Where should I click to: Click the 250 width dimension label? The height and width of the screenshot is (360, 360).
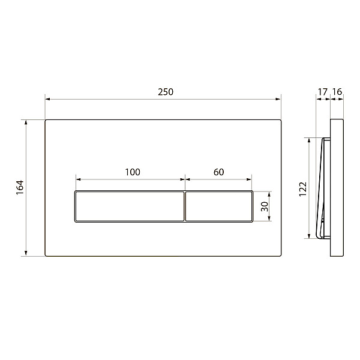(x=166, y=92)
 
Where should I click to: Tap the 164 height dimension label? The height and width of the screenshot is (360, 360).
(x=20, y=188)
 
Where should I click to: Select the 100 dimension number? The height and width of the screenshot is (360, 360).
(x=133, y=172)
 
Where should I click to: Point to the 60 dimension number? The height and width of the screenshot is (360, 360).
(x=218, y=172)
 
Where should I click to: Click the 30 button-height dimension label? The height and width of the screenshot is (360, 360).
(x=265, y=206)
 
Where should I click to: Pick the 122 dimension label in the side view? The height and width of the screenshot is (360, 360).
(x=303, y=189)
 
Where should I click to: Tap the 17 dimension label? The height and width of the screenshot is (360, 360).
(x=322, y=92)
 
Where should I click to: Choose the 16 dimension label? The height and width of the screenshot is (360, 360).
(x=337, y=92)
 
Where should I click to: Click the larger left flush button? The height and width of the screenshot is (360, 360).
(x=130, y=206)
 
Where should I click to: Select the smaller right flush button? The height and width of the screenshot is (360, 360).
(x=219, y=206)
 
